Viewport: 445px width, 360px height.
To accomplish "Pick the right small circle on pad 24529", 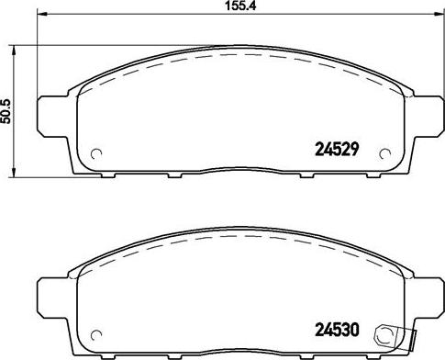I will pyautogui.click(x=385, y=153).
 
